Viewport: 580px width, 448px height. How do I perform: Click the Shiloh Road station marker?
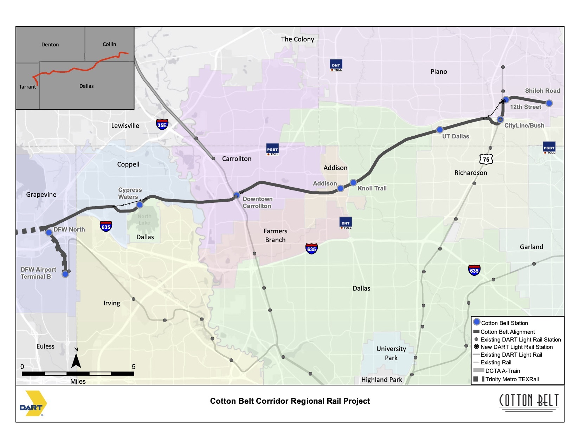pos(549,103)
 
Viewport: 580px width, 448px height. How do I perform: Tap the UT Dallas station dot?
pos(440,130)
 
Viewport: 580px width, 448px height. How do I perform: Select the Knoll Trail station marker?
pos(353,183)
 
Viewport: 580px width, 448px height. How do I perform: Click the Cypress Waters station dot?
pos(140,204)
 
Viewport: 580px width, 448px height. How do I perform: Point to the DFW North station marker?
pos(49,232)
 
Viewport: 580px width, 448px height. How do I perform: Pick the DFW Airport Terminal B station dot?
pos(65,274)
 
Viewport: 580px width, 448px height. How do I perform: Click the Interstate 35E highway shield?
pos(162,124)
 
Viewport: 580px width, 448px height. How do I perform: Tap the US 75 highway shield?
pos(486,159)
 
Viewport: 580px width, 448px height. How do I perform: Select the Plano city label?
pos(439,72)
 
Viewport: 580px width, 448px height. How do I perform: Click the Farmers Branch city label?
pos(275,235)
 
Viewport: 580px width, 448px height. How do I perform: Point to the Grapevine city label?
pos(41,195)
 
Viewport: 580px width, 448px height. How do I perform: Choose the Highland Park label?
pos(382,380)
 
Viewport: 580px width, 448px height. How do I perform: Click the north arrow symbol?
pos(76,359)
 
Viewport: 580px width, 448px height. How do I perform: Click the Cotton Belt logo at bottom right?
pos(529,402)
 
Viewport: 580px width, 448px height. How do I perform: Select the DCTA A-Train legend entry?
pos(502,371)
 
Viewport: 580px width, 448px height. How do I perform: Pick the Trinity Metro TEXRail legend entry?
pos(512,379)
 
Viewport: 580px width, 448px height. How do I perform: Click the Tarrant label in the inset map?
pos(27,87)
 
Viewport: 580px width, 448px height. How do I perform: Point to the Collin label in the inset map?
pos(109,44)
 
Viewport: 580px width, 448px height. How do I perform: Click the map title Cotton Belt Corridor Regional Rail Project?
pos(290,401)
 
